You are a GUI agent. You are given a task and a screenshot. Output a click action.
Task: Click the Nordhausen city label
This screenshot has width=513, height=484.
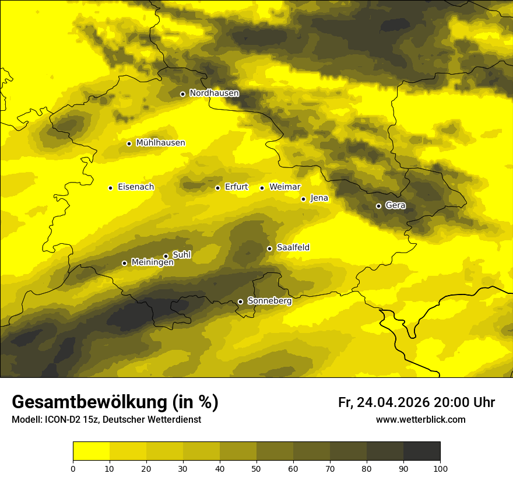click(214, 93)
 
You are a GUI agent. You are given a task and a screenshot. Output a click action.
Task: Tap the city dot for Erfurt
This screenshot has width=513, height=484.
click(217, 188)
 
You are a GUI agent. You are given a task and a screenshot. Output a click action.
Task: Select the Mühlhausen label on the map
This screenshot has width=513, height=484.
click(160, 143)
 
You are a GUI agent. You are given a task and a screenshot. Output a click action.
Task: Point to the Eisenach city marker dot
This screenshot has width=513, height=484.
click(110, 188)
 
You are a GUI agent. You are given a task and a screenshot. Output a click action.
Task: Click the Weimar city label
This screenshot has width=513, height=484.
click(284, 187)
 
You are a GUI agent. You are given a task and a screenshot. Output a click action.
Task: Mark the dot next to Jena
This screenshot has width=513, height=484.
click(303, 199)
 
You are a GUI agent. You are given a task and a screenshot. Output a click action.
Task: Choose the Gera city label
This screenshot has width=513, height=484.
click(395, 205)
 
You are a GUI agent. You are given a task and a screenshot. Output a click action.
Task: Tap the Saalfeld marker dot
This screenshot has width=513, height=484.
click(269, 248)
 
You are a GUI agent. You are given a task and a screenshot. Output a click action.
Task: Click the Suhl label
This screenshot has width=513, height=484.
click(182, 255)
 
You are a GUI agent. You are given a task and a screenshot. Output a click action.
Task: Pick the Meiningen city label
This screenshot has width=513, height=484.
click(152, 262)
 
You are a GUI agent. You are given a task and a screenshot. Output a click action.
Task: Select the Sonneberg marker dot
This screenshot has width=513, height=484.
click(240, 301)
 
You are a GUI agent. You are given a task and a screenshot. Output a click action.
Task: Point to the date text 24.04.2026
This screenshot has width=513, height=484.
click(393, 402)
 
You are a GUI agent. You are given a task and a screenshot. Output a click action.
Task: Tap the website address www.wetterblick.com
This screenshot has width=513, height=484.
click(420, 420)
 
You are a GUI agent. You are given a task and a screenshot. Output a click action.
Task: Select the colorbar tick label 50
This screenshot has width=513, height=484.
click(256, 468)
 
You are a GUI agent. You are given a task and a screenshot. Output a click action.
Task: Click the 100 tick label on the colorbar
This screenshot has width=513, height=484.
click(440, 468)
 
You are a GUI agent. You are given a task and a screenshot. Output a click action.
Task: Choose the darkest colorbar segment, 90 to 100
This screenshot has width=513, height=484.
click(421, 451)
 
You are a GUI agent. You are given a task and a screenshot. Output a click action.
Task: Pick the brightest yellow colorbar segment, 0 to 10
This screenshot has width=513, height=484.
click(92, 451)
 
